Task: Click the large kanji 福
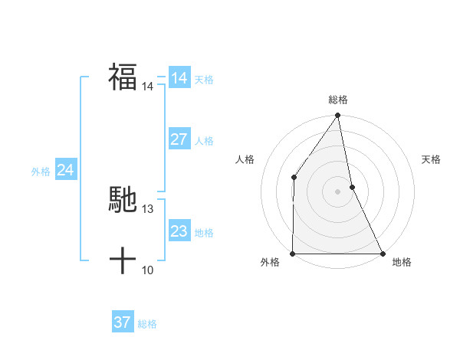point(123,77)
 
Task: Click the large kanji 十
point(123,261)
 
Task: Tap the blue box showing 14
point(179,78)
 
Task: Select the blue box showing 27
point(179,139)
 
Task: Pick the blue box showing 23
point(179,231)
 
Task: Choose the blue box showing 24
point(66,170)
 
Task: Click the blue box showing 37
point(123,322)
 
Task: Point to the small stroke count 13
point(148,208)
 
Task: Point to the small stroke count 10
point(148,270)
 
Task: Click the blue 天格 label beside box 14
point(204,80)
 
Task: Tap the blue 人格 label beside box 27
point(204,141)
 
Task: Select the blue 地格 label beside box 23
point(204,233)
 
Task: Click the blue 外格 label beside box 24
point(41,172)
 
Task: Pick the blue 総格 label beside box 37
point(147,324)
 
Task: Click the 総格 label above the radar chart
point(338,100)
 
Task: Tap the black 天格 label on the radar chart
point(432,159)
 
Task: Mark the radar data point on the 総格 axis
point(338,116)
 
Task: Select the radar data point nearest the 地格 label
point(383,254)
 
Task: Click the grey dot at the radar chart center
point(338,191)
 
